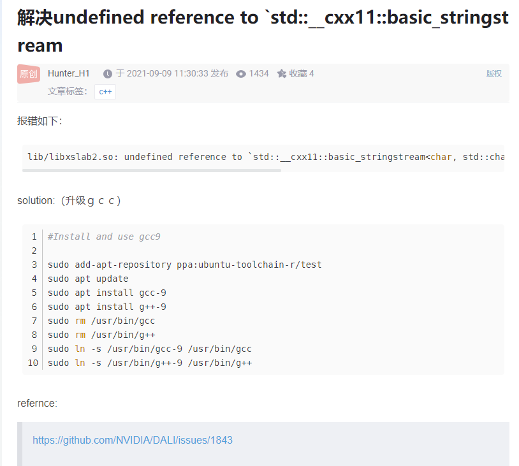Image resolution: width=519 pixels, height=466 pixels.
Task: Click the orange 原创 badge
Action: (x=29, y=74)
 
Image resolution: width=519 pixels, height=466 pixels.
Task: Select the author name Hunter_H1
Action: (x=69, y=73)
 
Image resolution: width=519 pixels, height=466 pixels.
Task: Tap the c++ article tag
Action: (x=105, y=92)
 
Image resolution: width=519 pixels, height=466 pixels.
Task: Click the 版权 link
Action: (x=494, y=74)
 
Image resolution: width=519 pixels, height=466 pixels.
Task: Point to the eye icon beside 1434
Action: (x=241, y=74)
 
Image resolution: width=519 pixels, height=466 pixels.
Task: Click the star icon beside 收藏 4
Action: (x=282, y=74)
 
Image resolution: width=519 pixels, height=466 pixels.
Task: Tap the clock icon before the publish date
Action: (x=107, y=74)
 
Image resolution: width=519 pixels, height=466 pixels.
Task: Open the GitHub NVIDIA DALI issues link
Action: (x=133, y=440)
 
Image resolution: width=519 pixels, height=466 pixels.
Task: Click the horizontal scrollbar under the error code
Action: (x=152, y=170)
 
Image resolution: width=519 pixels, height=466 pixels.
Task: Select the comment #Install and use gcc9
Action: (x=104, y=237)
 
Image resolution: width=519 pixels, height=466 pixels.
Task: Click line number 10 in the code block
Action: (x=33, y=363)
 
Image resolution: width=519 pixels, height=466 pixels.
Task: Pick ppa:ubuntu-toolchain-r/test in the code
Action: (x=249, y=265)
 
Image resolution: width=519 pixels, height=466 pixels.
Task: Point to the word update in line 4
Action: (x=112, y=279)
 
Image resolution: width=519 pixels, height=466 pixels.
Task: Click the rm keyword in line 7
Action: (x=80, y=321)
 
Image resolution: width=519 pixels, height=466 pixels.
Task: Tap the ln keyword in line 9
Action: (x=80, y=349)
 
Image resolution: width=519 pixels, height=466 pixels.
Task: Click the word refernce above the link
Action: (x=37, y=403)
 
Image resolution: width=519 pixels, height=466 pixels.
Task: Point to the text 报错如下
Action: (x=40, y=121)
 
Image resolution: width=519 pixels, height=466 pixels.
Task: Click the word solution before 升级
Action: (x=36, y=201)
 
